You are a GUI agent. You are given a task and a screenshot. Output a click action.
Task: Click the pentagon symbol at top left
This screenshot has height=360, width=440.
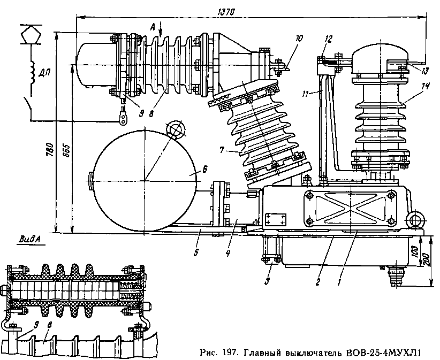tap(31, 35)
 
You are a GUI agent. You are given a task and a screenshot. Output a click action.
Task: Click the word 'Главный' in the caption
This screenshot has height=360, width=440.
tap(264, 353)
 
